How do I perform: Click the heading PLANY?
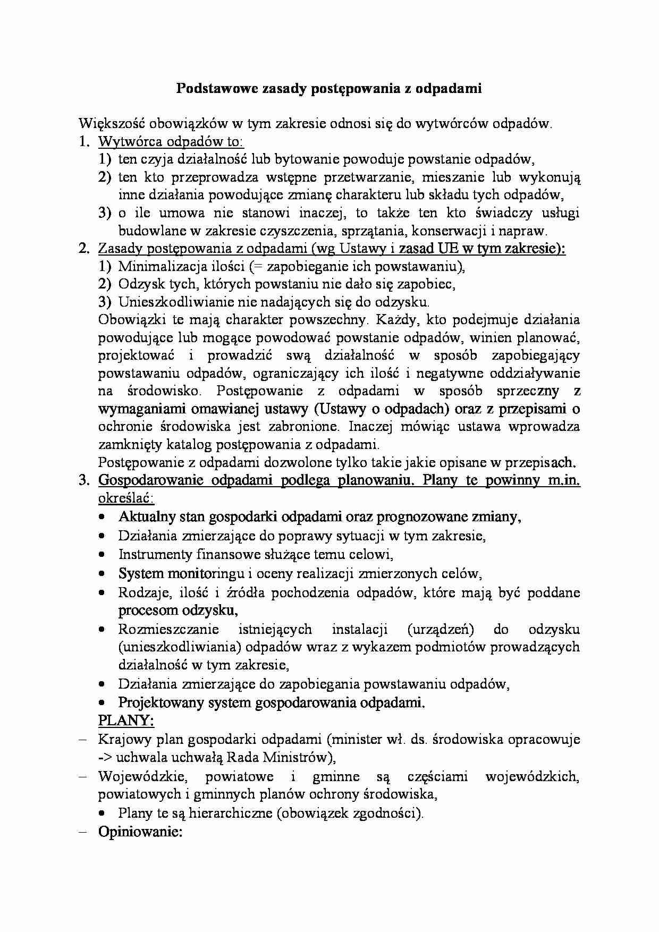[126, 721]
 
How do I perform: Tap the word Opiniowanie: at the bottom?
[140, 832]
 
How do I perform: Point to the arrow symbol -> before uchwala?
[105, 757]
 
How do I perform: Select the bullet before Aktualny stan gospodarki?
[102, 517]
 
